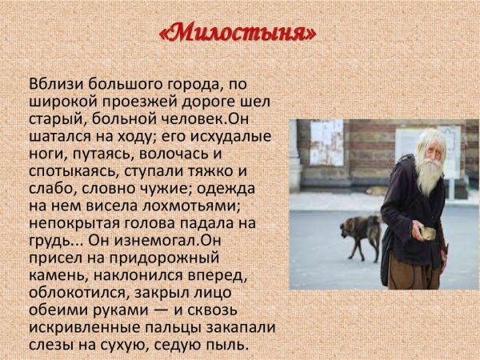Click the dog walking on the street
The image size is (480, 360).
coord(359,233)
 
